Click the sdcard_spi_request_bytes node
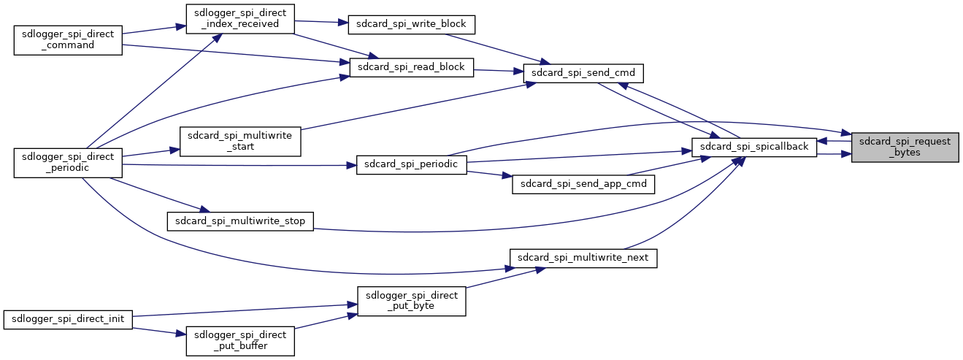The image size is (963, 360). [x=905, y=147]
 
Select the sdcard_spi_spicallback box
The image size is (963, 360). [x=754, y=147]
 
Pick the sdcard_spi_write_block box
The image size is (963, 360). [x=412, y=24]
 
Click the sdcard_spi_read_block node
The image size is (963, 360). [x=412, y=67]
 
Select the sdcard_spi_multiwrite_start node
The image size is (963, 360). [x=240, y=141]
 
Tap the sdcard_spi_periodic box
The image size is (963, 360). [x=412, y=164]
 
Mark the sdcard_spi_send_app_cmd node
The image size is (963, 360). [x=583, y=184]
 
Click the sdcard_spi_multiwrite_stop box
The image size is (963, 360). [x=240, y=221]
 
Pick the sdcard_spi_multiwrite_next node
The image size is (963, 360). [x=583, y=258]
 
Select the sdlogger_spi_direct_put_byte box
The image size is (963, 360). [x=412, y=301]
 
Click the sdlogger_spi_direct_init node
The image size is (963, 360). [x=68, y=319]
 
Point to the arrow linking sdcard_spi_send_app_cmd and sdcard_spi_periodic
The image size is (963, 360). [x=489, y=174]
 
